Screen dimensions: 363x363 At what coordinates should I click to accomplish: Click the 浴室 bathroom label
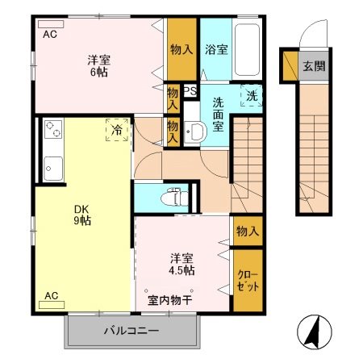[215, 49]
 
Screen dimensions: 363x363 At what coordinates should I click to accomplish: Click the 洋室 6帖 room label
[99, 65]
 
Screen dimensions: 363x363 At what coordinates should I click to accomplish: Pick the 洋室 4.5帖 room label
[181, 264]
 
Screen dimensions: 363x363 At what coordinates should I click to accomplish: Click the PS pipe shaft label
[190, 91]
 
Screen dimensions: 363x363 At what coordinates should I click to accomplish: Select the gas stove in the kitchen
[52, 130]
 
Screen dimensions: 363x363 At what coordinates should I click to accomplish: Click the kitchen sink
[53, 169]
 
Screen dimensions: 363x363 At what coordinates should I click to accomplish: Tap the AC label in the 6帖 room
[50, 34]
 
